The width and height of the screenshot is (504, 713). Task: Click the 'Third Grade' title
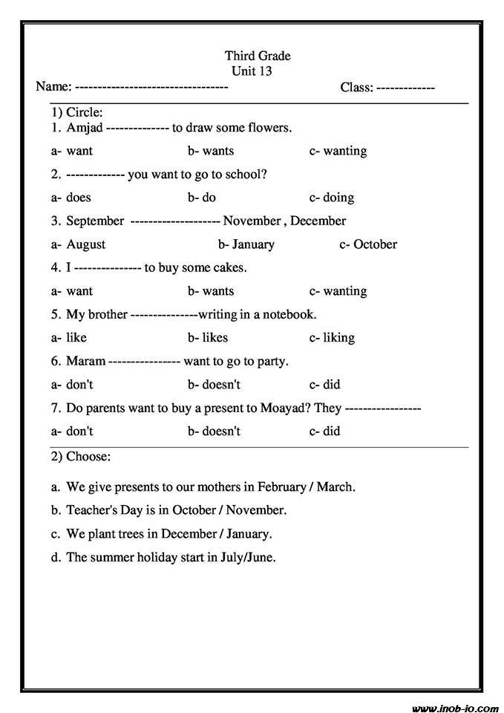click(258, 56)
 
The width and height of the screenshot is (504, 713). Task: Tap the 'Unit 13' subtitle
click(252, 71)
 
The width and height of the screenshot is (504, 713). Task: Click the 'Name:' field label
click(53, 88)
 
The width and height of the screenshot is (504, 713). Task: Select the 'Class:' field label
click(356, 88)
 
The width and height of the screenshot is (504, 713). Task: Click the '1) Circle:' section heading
click(76, 113)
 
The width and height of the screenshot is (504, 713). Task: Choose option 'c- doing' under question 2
click(332, 198)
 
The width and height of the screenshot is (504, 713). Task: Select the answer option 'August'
click(85, 244)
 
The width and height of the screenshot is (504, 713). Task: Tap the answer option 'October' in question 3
click(375, 244)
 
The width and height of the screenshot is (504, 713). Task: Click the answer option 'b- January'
click(246, 244)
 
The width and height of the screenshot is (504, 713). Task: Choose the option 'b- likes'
click(208, 337)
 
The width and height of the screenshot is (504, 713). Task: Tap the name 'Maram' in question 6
click(85, 361)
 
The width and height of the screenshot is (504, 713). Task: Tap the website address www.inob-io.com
click(455, 706)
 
